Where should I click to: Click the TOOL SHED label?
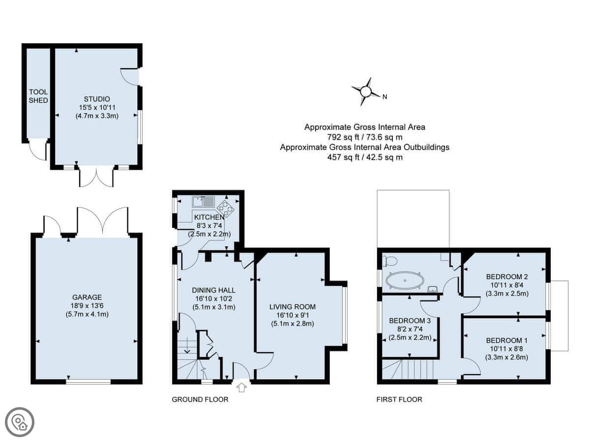[38, 96]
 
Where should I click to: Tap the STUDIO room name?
[96, 99]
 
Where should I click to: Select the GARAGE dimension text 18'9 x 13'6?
[87, 305]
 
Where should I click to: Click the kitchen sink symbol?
[204, 201]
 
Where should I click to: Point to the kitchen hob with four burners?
[226, 209]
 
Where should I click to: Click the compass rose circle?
[365, 91]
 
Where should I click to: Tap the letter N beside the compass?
[384, 97]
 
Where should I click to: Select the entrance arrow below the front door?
[241, 387]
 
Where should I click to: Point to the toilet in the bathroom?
[389, 261]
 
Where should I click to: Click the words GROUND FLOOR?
[200, 400]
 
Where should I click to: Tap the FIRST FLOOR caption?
[399, 400]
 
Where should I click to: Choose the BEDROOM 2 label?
[507, 276]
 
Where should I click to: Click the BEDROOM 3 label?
[410, 321]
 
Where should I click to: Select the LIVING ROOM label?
[293, 307]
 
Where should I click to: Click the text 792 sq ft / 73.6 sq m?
[365, 138]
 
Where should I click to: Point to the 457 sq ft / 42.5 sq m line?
[365, 157]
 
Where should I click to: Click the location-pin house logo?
[20, 422]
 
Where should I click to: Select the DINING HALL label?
[214, 290]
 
